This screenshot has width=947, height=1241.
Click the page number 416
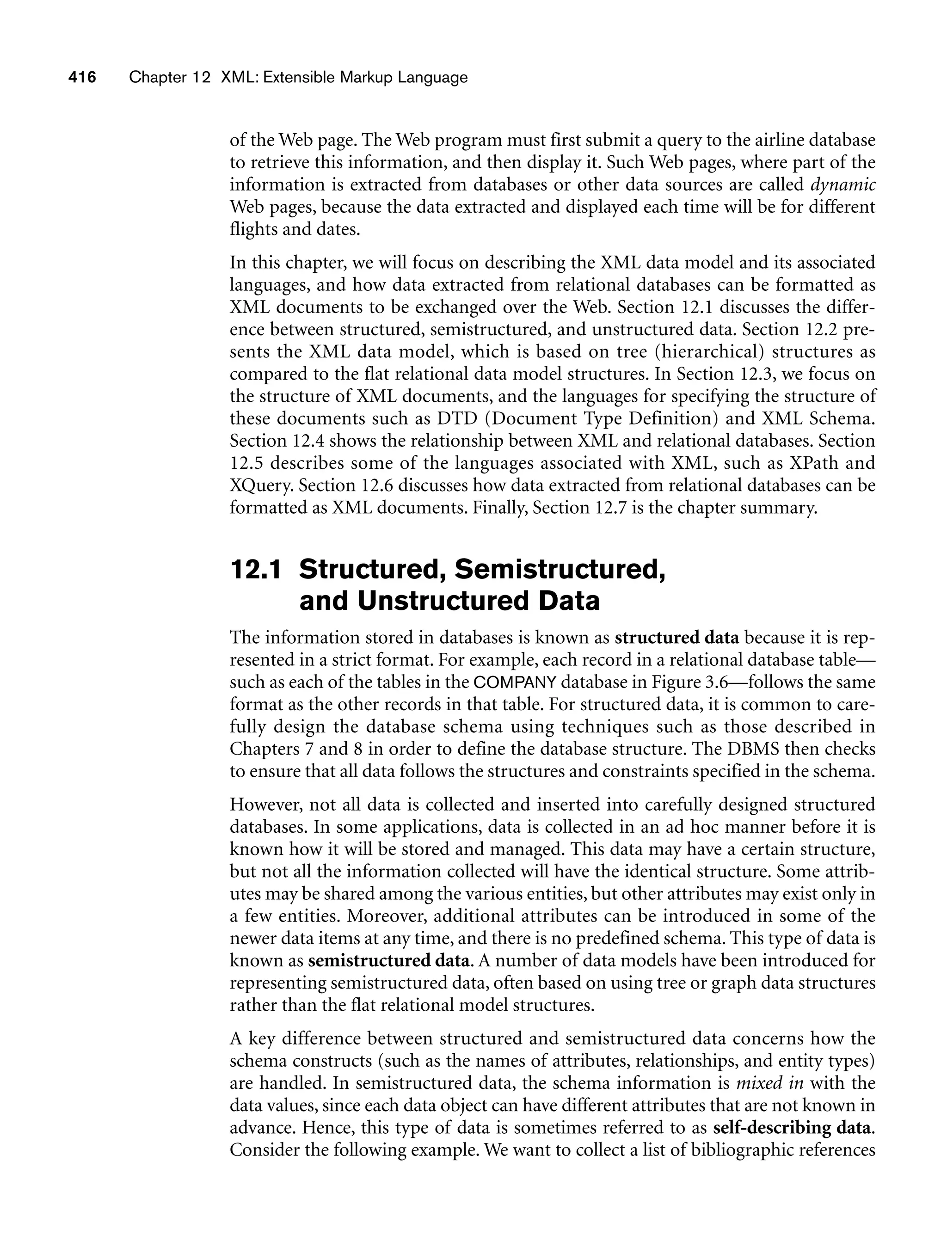pos(82,77)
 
